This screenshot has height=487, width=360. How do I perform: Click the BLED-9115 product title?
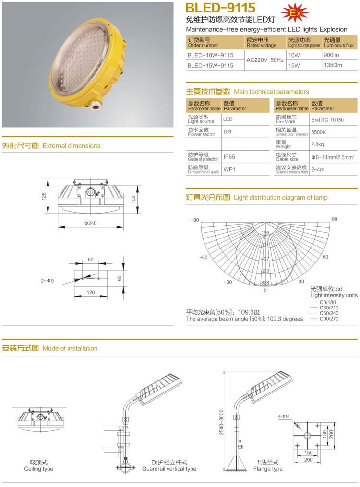tap(220, 8)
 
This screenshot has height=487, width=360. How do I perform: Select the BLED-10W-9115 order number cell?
tap(210, 55)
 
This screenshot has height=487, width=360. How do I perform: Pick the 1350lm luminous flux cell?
tap(332, 65)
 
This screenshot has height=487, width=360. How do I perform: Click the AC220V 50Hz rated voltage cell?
tap(265, 60)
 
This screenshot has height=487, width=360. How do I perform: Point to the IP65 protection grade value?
tap(229, 157)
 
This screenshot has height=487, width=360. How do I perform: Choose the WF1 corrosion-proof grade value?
tap(228, 169)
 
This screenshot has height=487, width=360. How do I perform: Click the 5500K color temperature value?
tap(318, 131)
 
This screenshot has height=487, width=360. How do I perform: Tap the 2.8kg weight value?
tap(317, 144)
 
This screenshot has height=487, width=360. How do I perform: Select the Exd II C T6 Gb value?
tap(327, 119)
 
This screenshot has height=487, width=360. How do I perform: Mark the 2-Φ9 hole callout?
tap(48, 280)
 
